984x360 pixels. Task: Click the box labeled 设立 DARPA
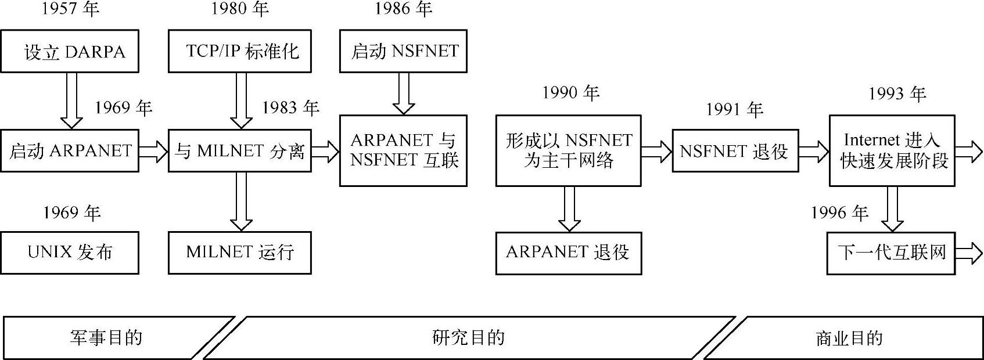coord(70,52)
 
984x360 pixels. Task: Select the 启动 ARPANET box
coord(70,151)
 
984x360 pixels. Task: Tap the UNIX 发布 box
coord(70,253)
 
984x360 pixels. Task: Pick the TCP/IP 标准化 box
coord(240,52)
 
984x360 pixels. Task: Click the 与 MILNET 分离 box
coord(240,151)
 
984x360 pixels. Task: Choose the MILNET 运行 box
coord(240,253)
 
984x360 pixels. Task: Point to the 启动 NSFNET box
coord(403,52)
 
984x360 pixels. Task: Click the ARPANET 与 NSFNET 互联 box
coord(403,150)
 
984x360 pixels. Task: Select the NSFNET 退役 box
coord(735,151)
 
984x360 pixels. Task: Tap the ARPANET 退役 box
coord(568,253)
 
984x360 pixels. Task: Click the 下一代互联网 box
coord(891,253)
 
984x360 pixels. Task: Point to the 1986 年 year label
coord(403,9)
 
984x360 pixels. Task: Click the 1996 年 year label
coord(839,213)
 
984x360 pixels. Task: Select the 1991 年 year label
coord(734,109)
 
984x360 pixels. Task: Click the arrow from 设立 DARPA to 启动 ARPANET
coord(71,100)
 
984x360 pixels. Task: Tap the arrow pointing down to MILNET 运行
coord(240,201)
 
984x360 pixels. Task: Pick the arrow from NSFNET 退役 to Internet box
coord(813,152)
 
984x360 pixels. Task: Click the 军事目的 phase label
coord(106,337)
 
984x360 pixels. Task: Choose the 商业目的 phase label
coord(849,338)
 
